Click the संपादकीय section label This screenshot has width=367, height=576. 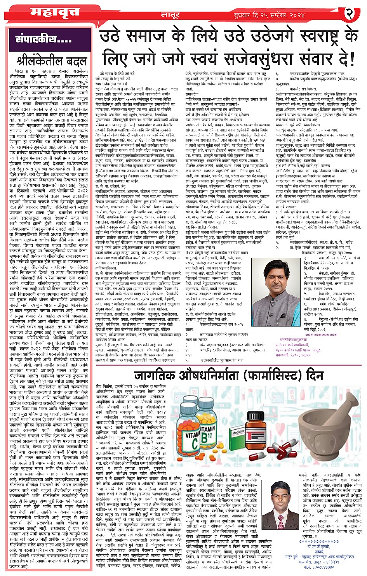click(x=43, y=39)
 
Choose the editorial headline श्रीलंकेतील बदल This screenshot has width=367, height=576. click(x=52, y=61)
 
